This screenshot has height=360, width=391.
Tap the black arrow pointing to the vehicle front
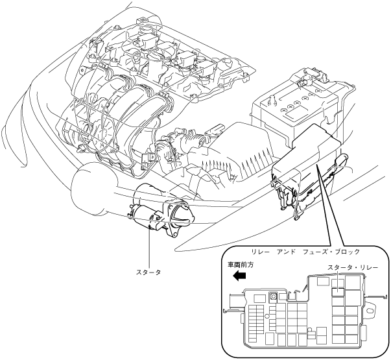tap(239, 276)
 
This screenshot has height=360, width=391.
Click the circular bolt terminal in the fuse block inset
tap(274, 296)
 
